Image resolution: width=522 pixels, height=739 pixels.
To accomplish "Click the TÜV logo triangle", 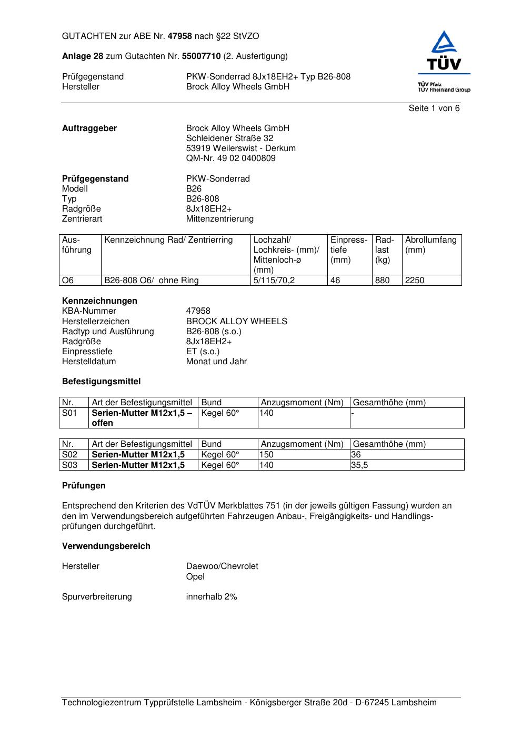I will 445,43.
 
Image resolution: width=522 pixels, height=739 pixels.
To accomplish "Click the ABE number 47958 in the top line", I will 180,36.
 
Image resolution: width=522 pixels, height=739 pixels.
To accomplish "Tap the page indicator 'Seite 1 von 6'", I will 434,108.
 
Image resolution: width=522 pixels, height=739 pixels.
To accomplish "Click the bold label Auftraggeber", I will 89,128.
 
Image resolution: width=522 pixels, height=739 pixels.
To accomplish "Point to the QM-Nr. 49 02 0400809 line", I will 230,158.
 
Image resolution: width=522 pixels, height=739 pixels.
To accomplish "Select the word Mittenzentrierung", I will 219,218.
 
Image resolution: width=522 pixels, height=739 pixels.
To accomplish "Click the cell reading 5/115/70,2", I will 274,280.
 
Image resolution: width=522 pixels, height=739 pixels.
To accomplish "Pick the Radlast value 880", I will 383,280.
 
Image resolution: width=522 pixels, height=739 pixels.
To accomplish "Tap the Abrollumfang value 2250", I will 415,280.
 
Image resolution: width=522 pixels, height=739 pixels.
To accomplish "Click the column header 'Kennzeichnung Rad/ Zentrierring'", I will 168,240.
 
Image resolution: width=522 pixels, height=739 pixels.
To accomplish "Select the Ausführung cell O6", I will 68,280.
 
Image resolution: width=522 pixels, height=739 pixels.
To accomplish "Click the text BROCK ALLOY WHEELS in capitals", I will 236,321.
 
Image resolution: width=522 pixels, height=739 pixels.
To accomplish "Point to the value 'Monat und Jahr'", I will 216,361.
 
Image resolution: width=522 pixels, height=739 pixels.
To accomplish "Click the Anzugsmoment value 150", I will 267,454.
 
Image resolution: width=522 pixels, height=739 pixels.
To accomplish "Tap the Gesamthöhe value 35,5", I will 360,465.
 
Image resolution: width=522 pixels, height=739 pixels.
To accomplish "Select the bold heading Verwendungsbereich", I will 106,546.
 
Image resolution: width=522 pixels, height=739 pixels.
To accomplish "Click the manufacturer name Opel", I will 195,576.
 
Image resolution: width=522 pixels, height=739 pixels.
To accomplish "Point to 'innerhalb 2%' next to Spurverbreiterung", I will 212,596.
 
